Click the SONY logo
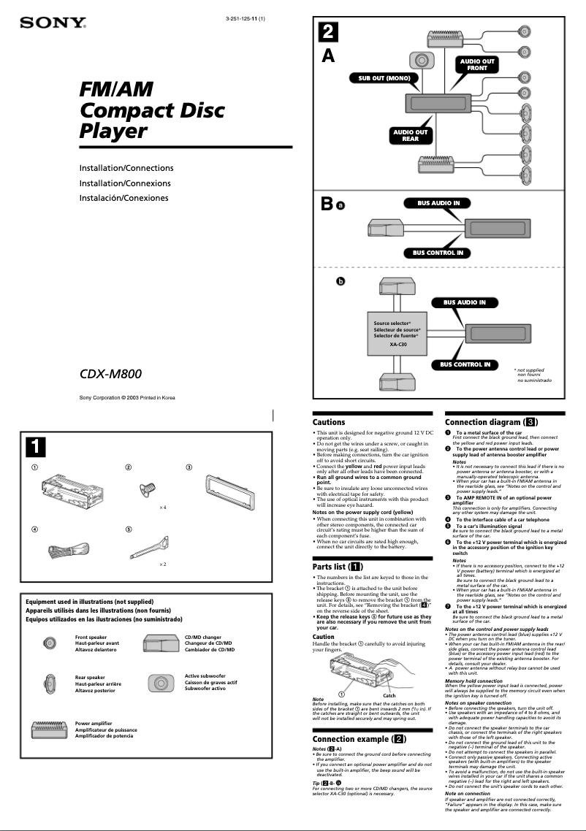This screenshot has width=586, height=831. click(53, 23)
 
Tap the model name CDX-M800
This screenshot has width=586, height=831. click(110, 375)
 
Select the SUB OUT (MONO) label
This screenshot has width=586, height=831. click(383, 77)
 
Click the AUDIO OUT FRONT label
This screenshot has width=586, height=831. click(476, 65)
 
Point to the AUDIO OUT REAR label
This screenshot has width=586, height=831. click(410, 136)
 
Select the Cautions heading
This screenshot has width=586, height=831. click(329, 422)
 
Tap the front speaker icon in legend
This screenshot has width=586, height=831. click(49, 643)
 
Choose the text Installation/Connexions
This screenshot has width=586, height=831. click(125, 183)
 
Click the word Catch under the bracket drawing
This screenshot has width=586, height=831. click(389, 695)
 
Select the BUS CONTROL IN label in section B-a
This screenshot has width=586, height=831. click(437, 253)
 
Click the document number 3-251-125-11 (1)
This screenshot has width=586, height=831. click(245, 18)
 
